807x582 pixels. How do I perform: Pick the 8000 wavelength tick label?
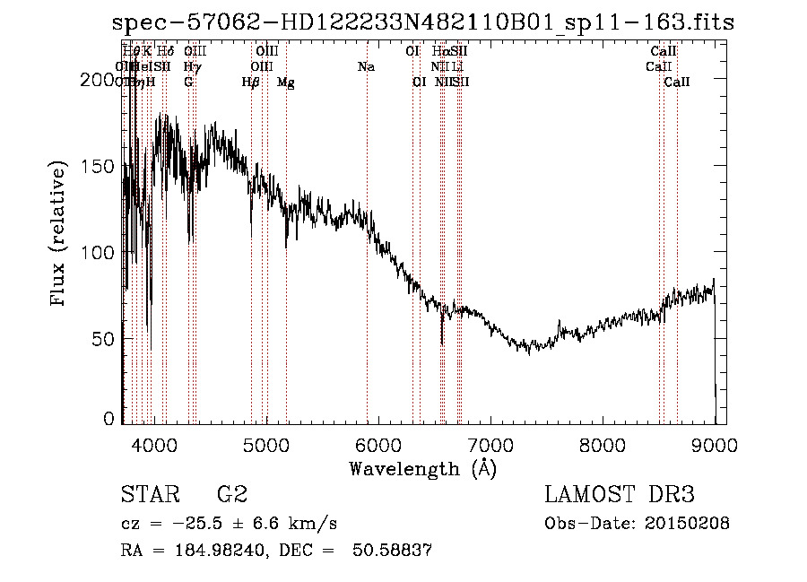(x=602, y=444)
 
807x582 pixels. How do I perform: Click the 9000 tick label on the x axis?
(x=714, y=444)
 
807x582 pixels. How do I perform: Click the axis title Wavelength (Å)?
(x=422, y=468)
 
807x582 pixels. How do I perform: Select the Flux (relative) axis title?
(x=60, y=235)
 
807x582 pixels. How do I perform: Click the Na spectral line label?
(x=366, y=67)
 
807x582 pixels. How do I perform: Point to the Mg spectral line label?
(x=285, y=83)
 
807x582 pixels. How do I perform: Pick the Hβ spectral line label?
(x=251, y=83)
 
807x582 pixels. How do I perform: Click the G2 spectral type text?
(x=232, y=496)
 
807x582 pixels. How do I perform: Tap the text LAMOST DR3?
(x=620, y=496)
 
